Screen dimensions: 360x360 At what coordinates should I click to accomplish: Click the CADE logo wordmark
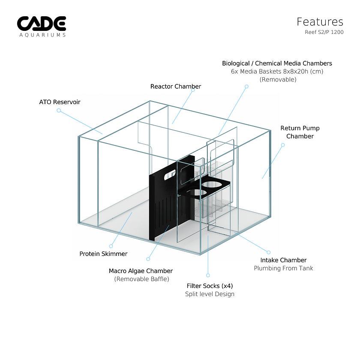point(42,24)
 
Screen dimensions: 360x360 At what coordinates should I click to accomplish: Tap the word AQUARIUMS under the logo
point(43,35)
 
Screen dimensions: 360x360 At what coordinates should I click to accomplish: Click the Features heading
point(320,22)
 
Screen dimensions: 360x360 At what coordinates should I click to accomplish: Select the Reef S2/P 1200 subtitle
point(324,32)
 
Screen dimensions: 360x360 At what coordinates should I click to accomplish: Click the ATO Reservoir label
point(60,102)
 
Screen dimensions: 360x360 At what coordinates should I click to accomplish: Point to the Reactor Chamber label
point(176,86)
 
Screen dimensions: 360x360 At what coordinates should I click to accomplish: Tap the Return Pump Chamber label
point(300,132)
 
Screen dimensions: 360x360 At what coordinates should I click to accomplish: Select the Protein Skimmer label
point(103,254)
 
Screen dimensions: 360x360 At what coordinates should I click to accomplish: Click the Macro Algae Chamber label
point(141,271)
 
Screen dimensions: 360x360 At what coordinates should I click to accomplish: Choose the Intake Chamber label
point(283,260)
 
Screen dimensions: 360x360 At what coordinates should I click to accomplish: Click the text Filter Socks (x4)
point(210,286)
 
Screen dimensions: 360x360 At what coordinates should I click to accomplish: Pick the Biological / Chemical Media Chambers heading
point(277,63)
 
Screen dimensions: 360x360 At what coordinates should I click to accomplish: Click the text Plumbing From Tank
point(284,268)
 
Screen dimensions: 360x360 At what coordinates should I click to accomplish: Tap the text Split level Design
point(210,294)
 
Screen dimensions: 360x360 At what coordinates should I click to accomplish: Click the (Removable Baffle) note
point(142,279)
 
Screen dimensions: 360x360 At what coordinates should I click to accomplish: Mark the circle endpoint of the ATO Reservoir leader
point(59,111)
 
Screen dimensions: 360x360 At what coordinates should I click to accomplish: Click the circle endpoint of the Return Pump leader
point(283,145)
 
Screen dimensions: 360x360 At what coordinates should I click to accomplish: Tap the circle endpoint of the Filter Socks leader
point(208,275)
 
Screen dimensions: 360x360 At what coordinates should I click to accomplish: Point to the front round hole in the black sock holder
point(197,192)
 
